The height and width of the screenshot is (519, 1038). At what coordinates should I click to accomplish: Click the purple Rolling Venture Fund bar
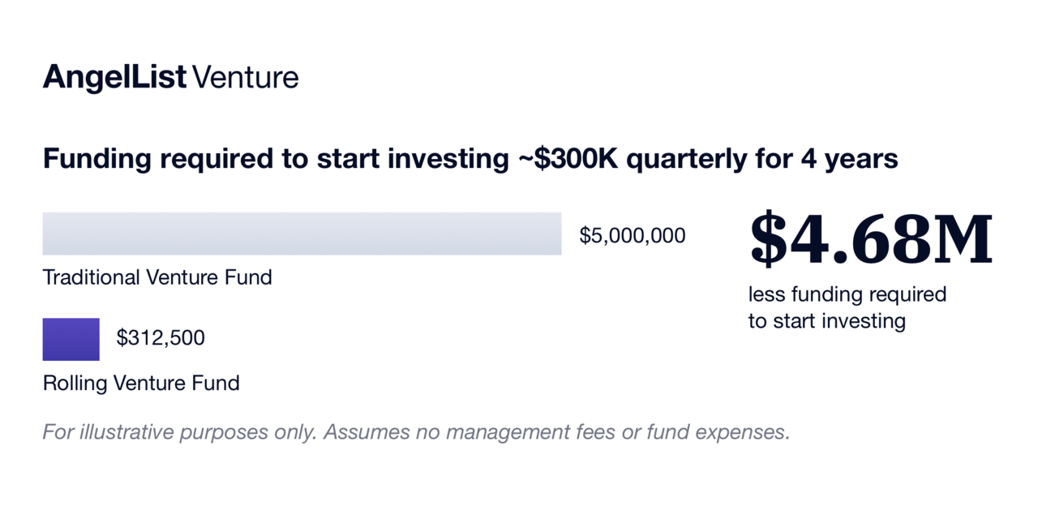point(71,339)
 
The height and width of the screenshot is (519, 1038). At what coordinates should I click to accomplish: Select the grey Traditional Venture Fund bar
point(302,234)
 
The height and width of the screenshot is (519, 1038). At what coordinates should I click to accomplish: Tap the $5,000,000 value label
point(632,236)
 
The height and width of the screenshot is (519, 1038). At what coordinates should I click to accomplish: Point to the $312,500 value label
point(161,338)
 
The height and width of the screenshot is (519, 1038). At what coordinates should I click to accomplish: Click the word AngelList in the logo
point(115,77)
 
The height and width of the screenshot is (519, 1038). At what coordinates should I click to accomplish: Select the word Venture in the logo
point(246,77)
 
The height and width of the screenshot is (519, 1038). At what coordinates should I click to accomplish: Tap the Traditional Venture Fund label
point(157,277)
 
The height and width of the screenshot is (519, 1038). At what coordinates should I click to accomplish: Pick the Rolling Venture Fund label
point(141,384)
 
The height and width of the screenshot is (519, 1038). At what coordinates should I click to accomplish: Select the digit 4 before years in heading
point(809,158)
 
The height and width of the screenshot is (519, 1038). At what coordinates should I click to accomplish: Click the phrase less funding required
point(847,294)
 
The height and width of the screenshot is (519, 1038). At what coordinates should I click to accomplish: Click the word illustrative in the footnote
point(127,432)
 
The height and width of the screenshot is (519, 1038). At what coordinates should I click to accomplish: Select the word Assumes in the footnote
point(366,432)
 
